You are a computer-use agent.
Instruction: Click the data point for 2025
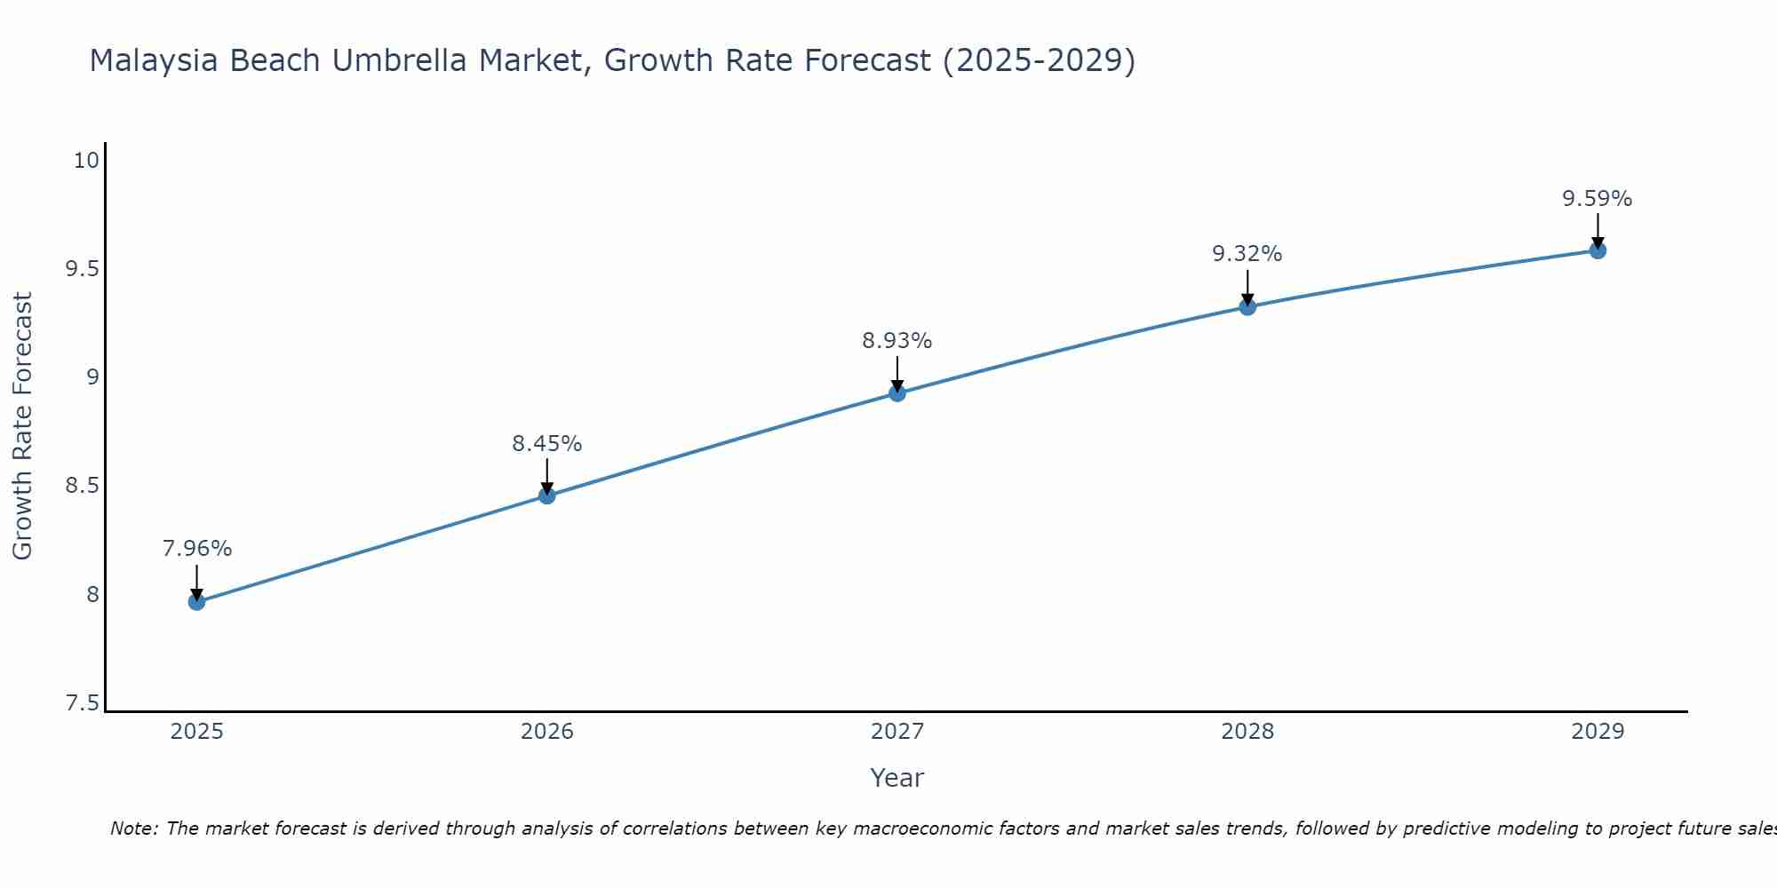click(196, 602)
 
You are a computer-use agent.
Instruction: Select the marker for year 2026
click(547, 496)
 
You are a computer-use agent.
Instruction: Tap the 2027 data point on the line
click(897, 393)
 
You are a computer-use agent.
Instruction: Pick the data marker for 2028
click(1247, 307)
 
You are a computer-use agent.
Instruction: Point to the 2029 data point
click(1598, 250)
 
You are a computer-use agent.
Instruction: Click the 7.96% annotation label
click(196, 549)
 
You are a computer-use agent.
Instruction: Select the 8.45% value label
click(547, 443)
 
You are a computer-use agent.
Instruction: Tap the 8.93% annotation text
click(897, 341)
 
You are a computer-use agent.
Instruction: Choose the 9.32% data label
click(1247, 254)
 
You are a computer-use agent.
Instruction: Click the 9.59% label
click(1598, 199)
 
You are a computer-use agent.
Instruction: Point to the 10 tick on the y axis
click(86, 161)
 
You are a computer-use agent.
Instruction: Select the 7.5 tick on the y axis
click(82, 703)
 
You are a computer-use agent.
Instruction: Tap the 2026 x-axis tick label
click(547, 732)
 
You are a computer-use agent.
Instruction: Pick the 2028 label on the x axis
click(1247, 732)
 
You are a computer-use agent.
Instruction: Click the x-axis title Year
click(897, 778)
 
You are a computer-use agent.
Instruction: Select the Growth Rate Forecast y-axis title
click(22, 426)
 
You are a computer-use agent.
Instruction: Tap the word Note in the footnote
click(133, 829)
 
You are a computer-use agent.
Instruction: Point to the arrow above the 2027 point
click(897, 373)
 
